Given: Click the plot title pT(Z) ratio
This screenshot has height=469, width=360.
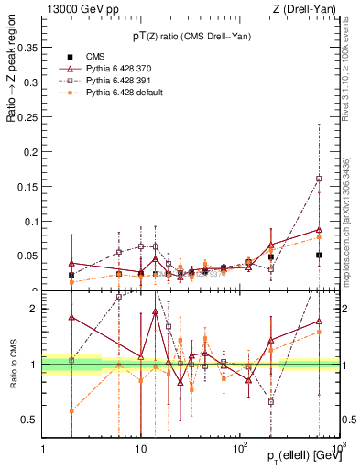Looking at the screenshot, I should (x=191, y=36).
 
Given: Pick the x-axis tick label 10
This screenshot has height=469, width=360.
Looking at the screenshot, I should (x=140, y=448).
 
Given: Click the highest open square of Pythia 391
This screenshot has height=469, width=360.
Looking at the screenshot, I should (x=318, y=179).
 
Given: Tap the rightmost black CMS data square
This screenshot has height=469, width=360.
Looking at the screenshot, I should (x=318, y=256).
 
